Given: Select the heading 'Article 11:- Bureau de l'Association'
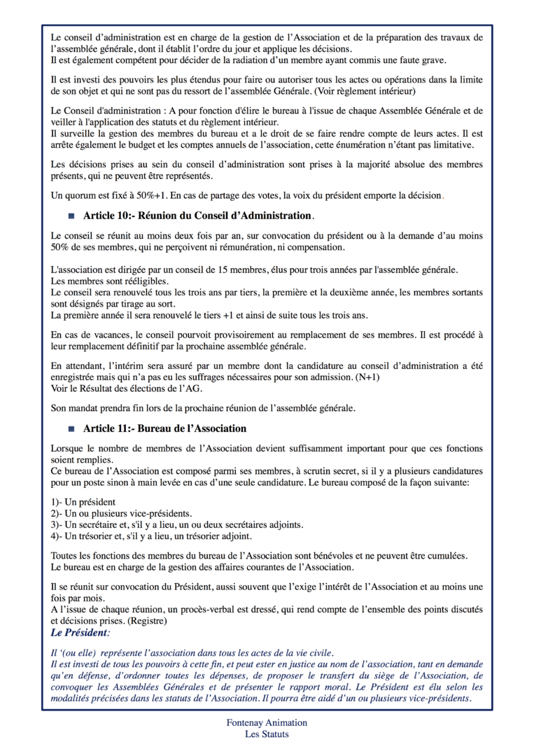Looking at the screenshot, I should click(x=164, y=428).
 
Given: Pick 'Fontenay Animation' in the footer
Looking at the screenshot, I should click(x=267, y=722).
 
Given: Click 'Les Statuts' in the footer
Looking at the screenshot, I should click(x=267, y=734).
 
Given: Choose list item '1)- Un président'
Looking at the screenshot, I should click(x=84, y=502).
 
